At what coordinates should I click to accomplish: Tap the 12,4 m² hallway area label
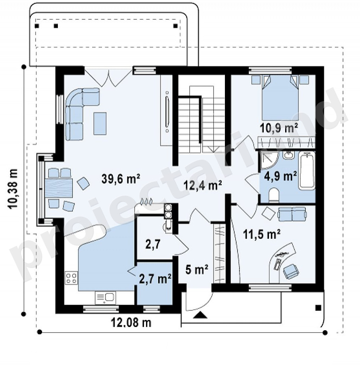tap(203, 185)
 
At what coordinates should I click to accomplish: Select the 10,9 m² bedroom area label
tap(279, 128)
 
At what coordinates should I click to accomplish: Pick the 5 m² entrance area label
tap(197, 270)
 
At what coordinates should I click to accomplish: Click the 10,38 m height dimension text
tap(14, 189)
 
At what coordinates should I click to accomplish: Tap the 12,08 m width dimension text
tap(131, 323)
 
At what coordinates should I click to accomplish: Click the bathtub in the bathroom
tap(307, 170)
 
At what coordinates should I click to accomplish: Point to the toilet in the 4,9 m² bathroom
tap(273, 194)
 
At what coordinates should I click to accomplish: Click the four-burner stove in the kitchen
tap(71, 278)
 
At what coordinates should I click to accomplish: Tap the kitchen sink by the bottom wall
tap(105, 298)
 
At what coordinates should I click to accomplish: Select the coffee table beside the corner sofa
tap(100, 123)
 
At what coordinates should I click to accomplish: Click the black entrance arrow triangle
tap(201, 315)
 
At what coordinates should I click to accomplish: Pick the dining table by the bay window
tap(59, 188)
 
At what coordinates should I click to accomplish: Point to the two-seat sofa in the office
tap(292, 214)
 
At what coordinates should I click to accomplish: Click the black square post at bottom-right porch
tap(318, 308)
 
